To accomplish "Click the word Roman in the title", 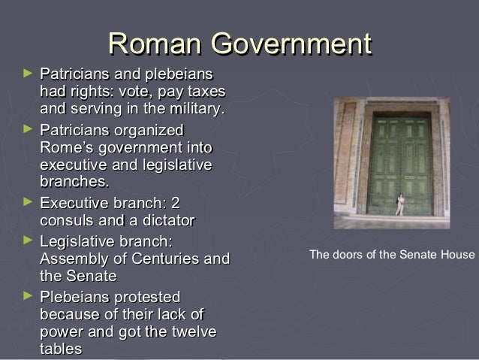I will pyautogui.click(x=155, y=44).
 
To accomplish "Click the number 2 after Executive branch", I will pyautogui.click(x=177, y=203).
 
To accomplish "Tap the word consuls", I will pyautogui.click(x=68, y=221).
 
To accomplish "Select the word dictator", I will pyautogui.click(x=163, y=221).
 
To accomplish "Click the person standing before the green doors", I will pyautogui.click(x=400, y=204).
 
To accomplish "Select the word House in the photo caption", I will pyautogui.click(x=460, y=254).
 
